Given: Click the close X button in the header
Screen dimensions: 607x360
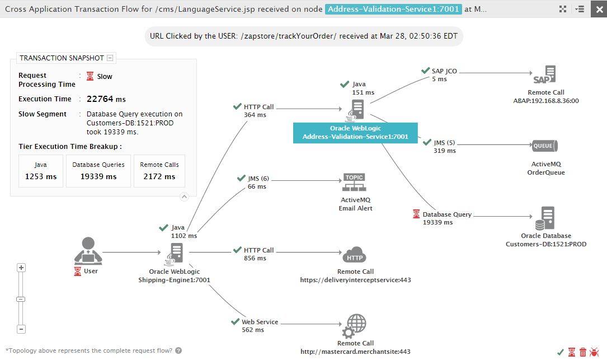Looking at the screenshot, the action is click(599, 9).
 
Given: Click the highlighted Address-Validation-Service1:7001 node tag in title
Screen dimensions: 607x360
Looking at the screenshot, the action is click(393, 9).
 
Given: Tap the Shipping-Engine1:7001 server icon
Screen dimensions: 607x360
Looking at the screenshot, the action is click(174, 254).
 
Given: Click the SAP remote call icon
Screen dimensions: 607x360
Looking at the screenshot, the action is click(545, 75).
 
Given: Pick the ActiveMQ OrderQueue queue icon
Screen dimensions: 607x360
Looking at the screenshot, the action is click(545, 146).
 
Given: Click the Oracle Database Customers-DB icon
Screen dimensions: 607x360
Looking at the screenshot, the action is click(545, 218).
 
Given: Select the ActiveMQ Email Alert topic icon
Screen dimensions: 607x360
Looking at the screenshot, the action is click(354, 183).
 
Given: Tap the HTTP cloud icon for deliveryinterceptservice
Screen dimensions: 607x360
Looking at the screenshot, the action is click(354, 255).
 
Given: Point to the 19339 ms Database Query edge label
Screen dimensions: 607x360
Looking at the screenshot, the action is click(438, 222).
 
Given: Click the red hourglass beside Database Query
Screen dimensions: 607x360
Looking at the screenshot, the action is click(416, 214).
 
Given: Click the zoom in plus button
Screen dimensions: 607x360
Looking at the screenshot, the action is click(21, 268).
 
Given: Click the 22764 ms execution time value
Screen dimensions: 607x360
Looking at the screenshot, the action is click(106, 99).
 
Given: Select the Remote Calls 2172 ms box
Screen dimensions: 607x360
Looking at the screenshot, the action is click(159, 171).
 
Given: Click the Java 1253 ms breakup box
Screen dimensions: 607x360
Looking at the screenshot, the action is click(41, 171).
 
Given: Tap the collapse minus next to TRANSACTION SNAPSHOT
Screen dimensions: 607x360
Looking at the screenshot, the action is click(110, 58).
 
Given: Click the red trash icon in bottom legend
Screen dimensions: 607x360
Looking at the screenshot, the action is click(583, 352).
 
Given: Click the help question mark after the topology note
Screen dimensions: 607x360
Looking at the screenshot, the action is click(178, 350).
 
